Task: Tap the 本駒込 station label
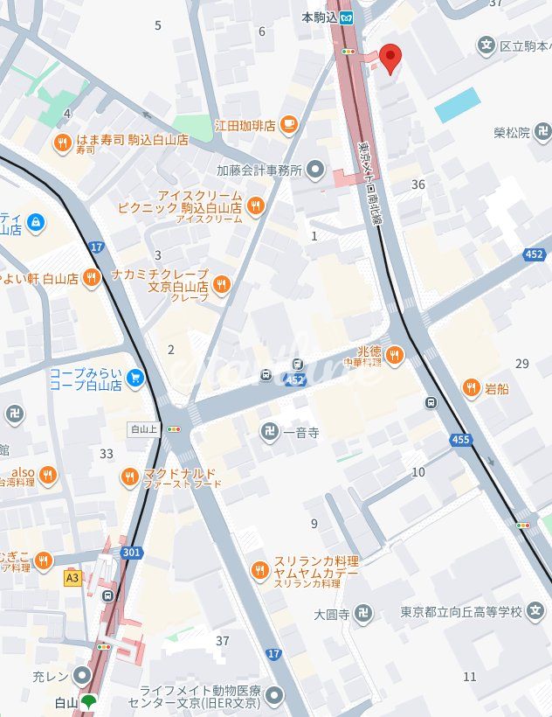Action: coord(319,17)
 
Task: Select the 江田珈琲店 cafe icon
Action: coord(287,125)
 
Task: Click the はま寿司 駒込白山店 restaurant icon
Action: coord(62,143)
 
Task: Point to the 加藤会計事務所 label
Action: coord(259,170)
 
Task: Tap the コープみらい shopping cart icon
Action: coord(135,378)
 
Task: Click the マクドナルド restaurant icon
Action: coord(130,477)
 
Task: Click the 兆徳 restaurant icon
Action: coord(395,354)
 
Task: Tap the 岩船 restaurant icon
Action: coord(471,387)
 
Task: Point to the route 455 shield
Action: coord(462,439)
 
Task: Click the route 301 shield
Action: coord(132,553)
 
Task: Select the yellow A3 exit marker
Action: coord(72,578)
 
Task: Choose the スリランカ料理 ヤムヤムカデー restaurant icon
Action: coord(259,571)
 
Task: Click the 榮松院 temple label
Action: coord(511,133)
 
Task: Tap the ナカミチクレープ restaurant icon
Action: coord(222,282)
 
